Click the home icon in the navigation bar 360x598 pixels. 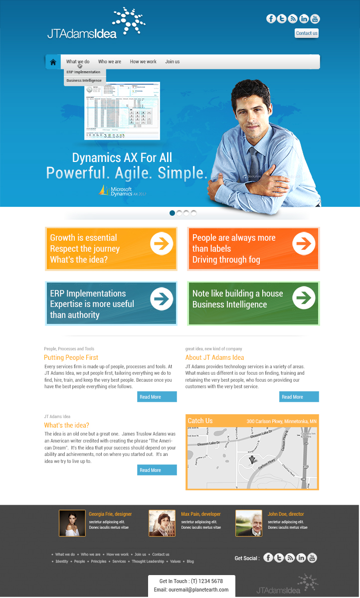[x=53, y=62]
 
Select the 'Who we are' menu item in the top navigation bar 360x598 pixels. [x=110, y=62]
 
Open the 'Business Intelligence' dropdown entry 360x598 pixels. [x=84, y=80]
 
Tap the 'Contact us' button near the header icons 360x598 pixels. [x=307, y=33]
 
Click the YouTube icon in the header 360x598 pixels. [x=315, y=19]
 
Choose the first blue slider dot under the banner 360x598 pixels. [x=173, y=213]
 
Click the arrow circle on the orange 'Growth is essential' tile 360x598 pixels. [x=162, y=243]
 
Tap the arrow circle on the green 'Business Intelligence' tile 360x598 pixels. [x=304, y=298]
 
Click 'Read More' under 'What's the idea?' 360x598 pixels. [x=157, y=470]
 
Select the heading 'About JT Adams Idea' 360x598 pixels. [x=214, y=357]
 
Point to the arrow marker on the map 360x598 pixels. [x=252, y=459]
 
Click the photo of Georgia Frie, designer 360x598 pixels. [x=72, y=523]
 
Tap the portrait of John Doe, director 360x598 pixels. [x=249, y=523]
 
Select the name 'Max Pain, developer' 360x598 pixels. [x=200, y=514]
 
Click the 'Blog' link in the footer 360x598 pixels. [x=190, y=561]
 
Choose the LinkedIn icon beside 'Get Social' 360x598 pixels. [x=301, y=558]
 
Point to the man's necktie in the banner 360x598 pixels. [x=254, y=162]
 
